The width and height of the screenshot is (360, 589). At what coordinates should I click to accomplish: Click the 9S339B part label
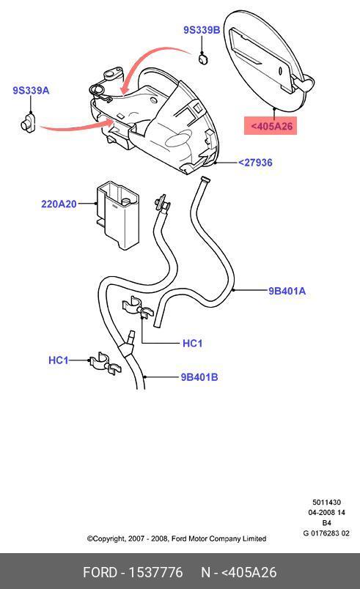(202, 30)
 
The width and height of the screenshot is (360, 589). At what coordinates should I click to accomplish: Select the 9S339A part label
(31, 91)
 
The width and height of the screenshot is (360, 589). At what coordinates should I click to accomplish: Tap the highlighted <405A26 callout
(271, 126)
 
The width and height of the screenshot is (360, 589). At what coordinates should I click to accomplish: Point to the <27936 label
(256, 163)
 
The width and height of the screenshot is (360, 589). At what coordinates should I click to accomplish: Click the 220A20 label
(59, 204)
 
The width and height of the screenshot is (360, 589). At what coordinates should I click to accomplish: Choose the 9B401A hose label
(287, 291)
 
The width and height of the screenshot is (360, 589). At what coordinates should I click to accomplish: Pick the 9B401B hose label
(199, 377)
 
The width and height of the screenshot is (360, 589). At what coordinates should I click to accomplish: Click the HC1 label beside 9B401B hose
(192, 343)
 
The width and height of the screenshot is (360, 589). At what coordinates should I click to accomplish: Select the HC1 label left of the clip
(59, 360)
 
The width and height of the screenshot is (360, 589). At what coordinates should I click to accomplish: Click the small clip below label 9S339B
(203, 59)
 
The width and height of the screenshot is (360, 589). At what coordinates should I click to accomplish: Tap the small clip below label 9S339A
(27, 122)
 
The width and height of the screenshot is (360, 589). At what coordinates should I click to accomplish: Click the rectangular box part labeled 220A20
(117, 215)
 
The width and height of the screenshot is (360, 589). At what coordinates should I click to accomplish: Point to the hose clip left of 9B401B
(104, 363)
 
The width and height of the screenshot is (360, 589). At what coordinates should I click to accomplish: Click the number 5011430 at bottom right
(326, 503)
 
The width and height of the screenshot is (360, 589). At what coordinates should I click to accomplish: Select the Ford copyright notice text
(177, 538)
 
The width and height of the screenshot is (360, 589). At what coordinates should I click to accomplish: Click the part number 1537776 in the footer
(155, 572)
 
